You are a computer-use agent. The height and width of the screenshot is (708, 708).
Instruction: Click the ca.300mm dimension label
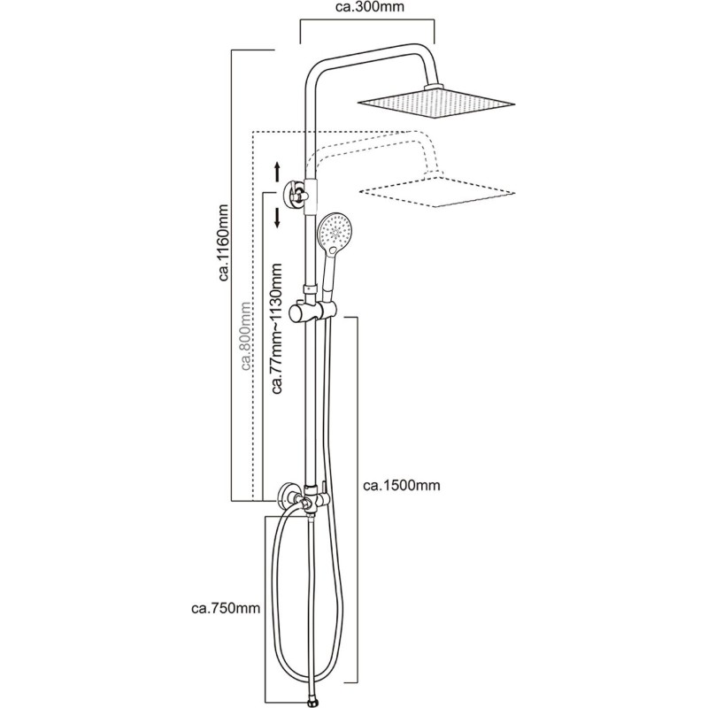point(370,7)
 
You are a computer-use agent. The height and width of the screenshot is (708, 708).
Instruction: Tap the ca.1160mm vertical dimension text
point(225,242)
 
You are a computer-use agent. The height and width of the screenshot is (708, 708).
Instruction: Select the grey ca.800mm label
point(246,336)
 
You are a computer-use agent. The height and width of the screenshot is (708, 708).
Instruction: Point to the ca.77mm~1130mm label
point(276,327)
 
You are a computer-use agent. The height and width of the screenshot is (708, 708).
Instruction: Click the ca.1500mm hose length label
point(402,485)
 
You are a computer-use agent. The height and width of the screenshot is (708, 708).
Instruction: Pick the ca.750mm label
point(227,608)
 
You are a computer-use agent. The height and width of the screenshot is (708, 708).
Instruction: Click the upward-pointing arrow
point(278,173)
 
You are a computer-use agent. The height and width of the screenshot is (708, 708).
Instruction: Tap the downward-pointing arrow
point(277,218)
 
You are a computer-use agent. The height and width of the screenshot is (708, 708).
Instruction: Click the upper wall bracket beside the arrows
point(294,192)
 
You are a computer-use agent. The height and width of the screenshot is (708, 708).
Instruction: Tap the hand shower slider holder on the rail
point(312,311)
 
